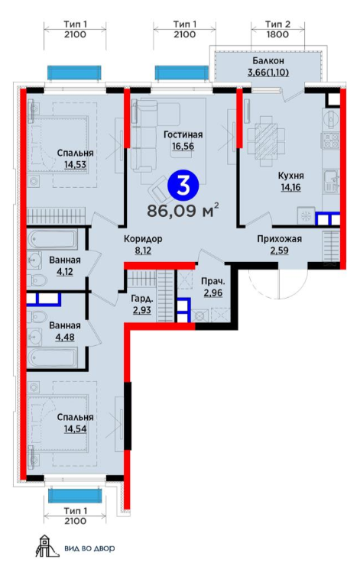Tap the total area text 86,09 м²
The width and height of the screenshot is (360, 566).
click(183, 211)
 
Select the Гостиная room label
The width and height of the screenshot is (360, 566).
click(183, 135)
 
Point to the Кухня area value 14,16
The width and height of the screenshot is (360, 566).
click(290, 187)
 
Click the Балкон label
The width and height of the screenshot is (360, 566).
click(268, 60)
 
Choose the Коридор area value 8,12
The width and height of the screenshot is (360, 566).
click(143, 251)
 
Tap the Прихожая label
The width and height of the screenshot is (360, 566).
click(280, 238)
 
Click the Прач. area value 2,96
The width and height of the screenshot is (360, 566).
click(213, 293)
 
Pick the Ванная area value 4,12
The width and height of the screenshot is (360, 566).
click(65, 271)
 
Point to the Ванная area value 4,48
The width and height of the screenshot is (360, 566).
click(65, 337)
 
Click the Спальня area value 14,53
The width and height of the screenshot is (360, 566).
click(75, 164)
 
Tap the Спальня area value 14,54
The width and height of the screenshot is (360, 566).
click(75, 429)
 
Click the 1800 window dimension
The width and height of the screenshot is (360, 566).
click(277, 34)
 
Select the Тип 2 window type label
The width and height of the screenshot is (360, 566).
click(277, 24)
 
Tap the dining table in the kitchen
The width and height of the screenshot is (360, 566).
click(266, 138)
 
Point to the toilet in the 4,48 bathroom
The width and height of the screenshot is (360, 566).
click(37, 317)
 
